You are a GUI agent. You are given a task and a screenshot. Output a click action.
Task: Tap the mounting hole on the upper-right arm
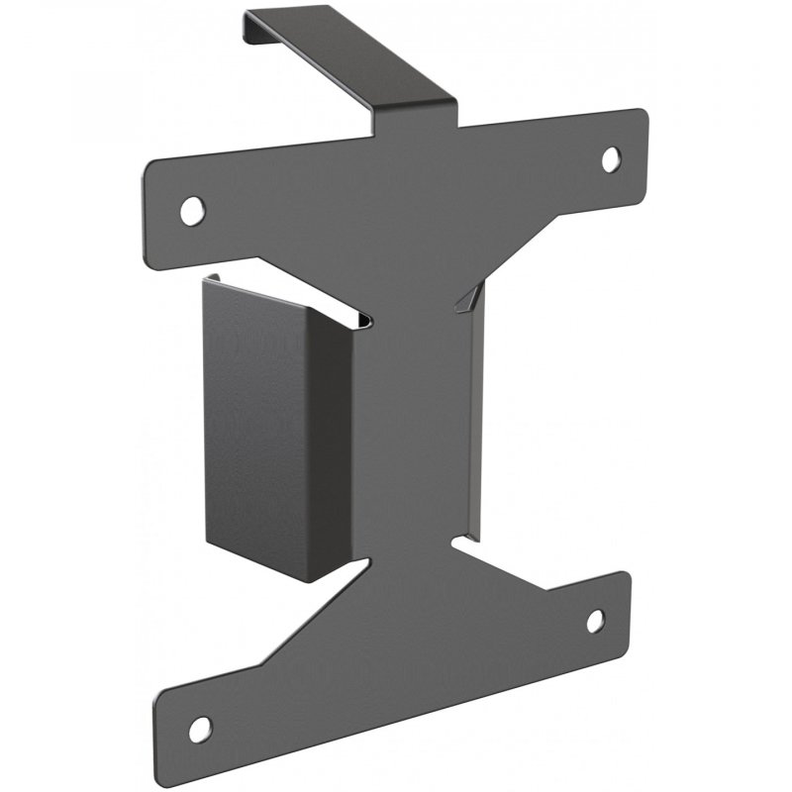[611, 157]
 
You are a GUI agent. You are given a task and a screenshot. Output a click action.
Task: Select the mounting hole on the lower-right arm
[595, 621]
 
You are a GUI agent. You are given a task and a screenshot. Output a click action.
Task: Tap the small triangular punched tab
[468, 299]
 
